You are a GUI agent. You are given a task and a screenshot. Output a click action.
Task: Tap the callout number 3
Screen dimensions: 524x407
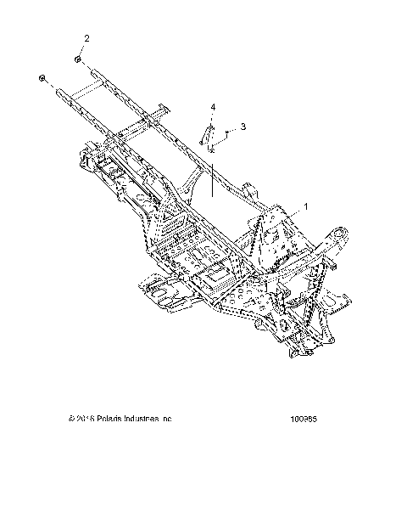243,126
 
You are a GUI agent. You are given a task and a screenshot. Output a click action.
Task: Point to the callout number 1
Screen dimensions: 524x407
282,206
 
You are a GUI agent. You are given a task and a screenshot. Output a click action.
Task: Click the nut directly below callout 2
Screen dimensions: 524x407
78,60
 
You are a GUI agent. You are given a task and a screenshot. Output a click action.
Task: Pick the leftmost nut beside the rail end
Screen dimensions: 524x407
42,78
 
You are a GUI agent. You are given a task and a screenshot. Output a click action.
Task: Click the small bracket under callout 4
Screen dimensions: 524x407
205,136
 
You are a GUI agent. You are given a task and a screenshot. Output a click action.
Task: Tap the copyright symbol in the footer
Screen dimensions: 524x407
72,419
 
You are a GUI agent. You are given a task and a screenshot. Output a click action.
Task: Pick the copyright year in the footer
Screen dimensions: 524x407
84,419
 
